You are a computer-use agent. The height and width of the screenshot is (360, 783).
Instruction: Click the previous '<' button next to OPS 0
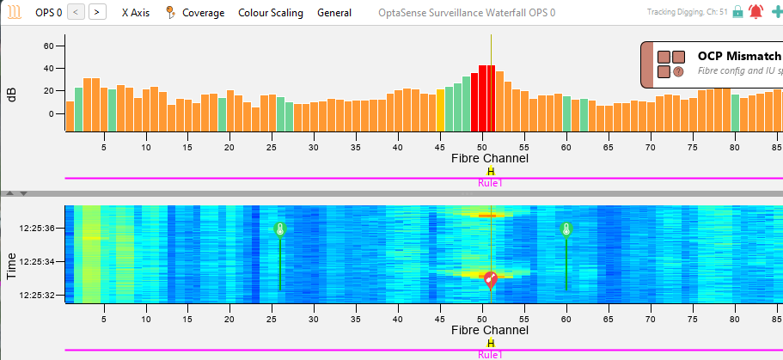(76, 12)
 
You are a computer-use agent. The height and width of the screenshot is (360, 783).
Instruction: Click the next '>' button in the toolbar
(98, 12)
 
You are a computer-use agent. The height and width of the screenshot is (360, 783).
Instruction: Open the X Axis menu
(136, 13)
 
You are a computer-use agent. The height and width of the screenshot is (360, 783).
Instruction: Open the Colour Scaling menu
(270, 13)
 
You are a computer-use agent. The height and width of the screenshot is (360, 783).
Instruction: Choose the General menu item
(333, 13)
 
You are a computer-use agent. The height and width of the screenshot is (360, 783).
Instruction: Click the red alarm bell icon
(755, 12)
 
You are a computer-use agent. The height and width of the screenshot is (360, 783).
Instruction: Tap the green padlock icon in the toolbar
(737, 12)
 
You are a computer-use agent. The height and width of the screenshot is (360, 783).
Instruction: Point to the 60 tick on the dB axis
(48, 46)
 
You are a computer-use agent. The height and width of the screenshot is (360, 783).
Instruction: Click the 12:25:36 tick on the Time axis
(37, 229)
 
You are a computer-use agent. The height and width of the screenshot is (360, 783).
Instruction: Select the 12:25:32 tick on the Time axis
(37, 295)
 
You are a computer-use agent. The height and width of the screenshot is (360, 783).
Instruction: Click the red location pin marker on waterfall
(490, 278)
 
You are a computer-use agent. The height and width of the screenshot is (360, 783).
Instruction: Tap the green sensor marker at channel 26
(279, 229)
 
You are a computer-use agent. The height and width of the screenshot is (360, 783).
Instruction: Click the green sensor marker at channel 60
(566, 229)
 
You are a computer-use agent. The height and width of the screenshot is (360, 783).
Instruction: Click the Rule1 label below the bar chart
(490, 183)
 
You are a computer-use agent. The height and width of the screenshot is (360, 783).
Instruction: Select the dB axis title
(12, 95)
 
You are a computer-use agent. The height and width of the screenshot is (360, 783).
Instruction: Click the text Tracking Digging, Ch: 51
(687, 13)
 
